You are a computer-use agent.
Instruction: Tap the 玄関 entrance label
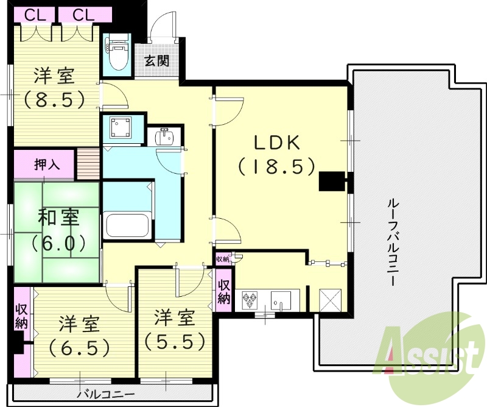tap(156, 61)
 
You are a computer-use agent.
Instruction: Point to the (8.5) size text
tap(54, 99)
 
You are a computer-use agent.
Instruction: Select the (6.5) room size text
tap(79, 347)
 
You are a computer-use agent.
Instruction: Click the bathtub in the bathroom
tap(127, 226)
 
